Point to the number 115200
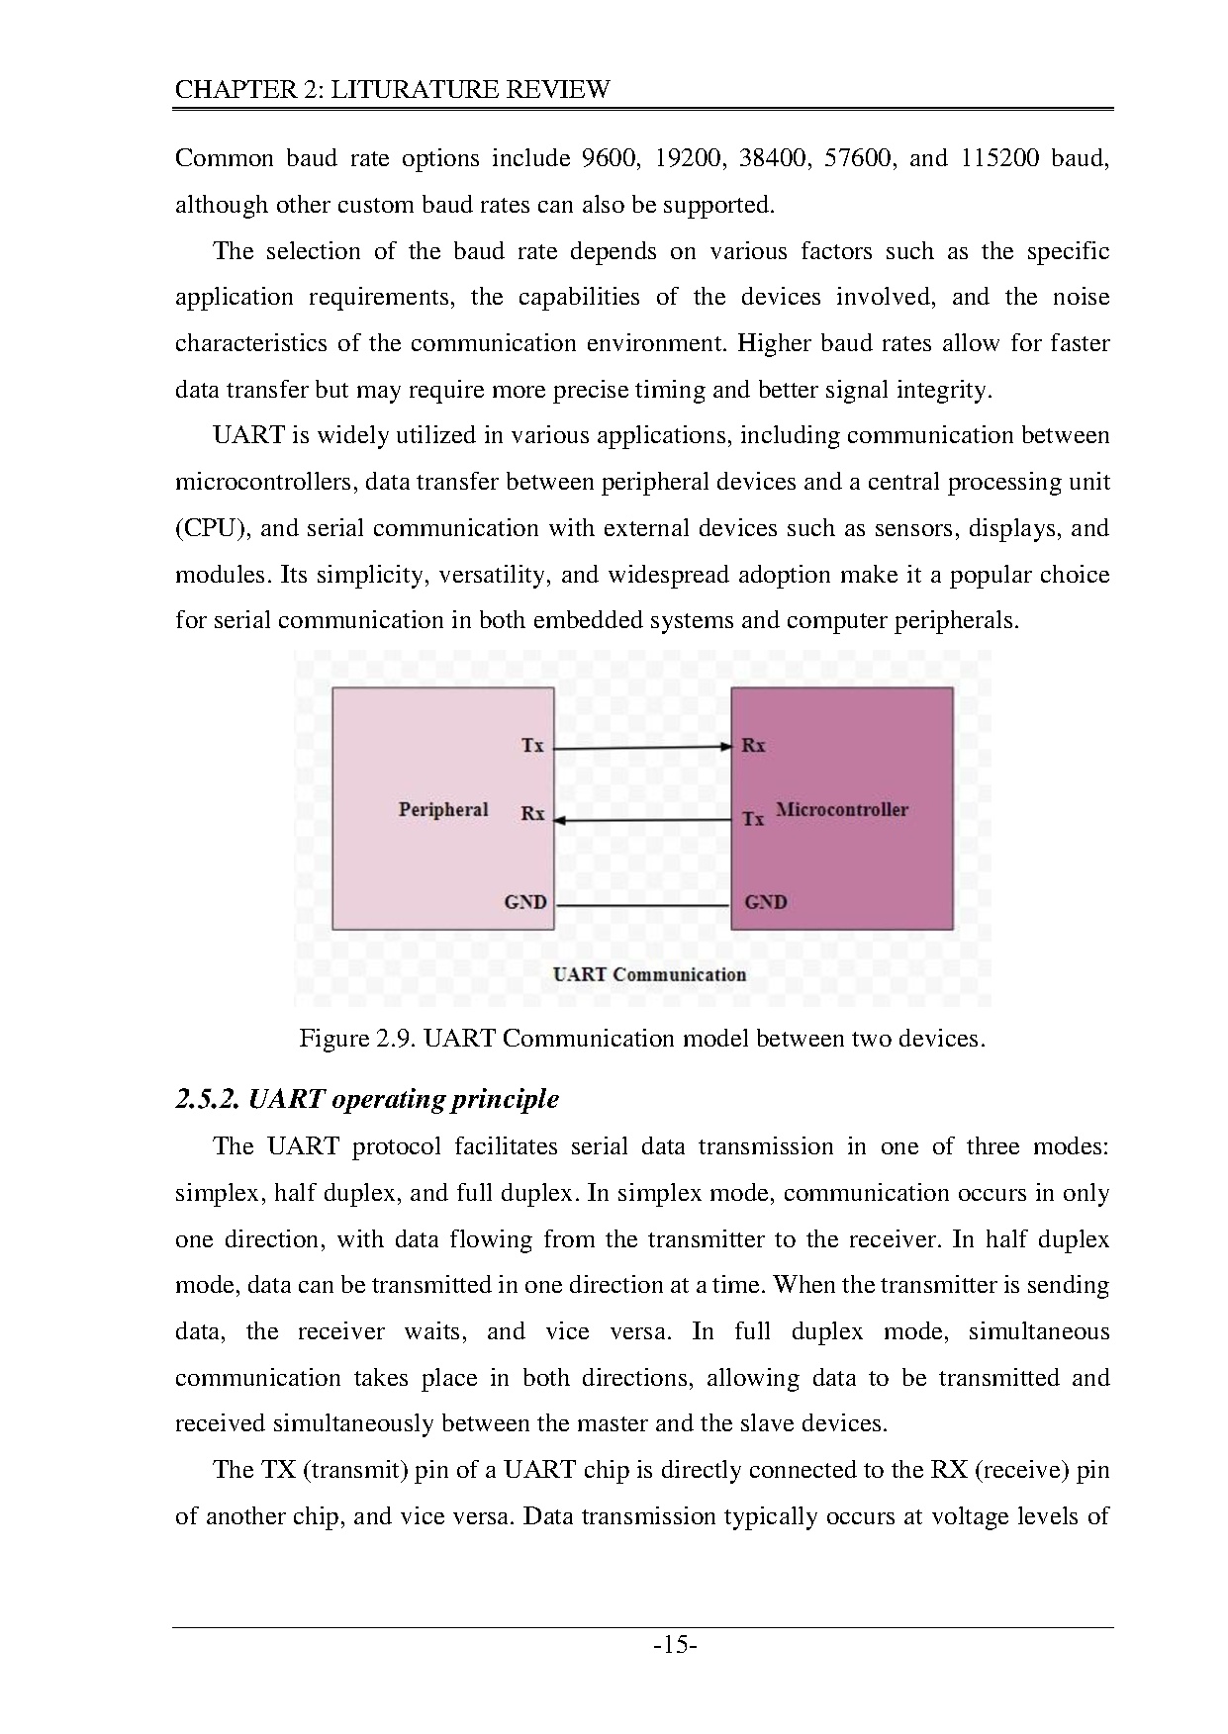pos(999,158)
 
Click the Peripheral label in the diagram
pos(443,810)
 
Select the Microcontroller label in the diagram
pos(842,810)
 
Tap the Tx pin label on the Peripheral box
pos(532,746)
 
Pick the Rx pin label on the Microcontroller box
pos(754,746)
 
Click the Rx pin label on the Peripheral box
pos(532,814)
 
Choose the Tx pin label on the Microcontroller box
pos(754,819)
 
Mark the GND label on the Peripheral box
pos(525,902)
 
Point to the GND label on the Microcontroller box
pos(766,902)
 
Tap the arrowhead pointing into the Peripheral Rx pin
pos(559,820)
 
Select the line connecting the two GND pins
pos(641,905)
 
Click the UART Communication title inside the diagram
pos(649,974)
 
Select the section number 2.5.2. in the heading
pos(207,1100)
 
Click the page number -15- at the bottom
pos(676,1646)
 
